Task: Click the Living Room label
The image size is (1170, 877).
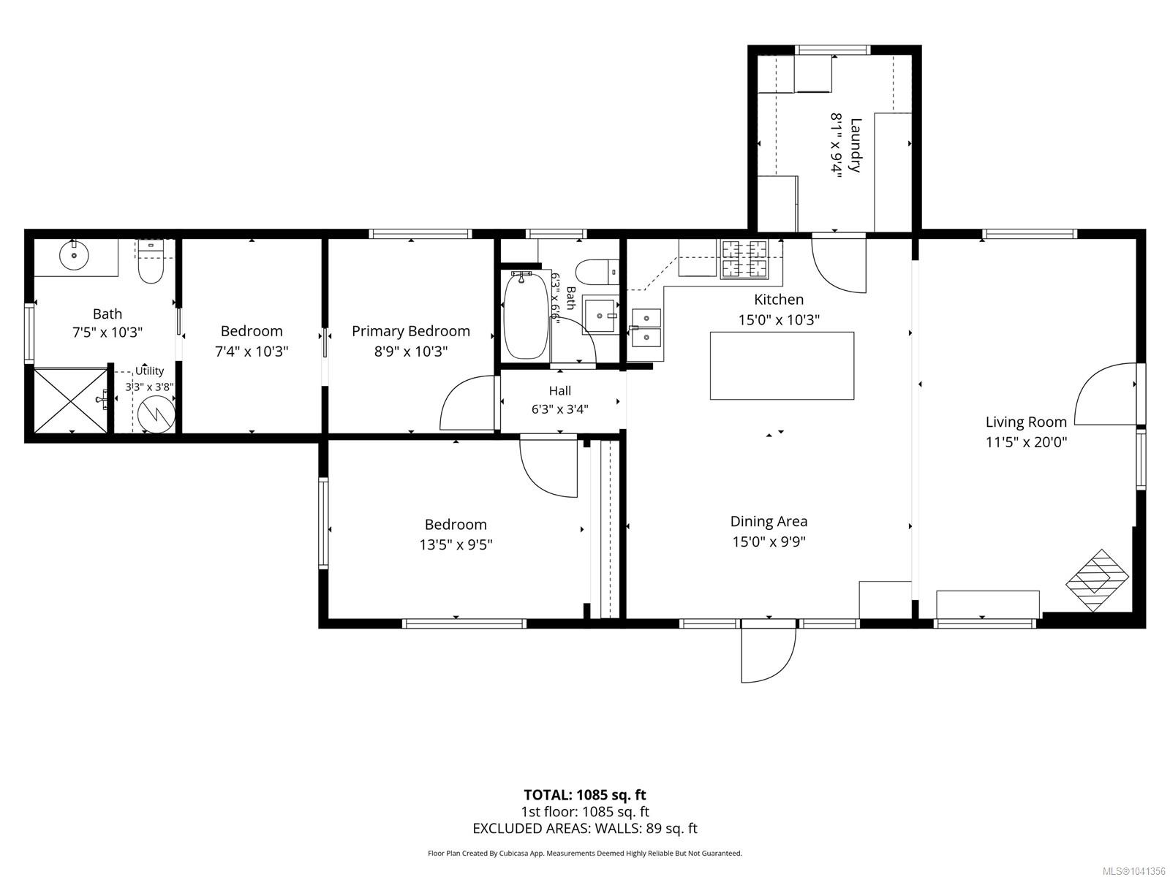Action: click(1025, 422)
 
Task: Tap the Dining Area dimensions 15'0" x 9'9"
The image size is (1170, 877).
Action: click(769, 542)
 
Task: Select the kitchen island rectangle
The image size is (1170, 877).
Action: click(782, 365)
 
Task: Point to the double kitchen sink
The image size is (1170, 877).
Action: click(646, 327)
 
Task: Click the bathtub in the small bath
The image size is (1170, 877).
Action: click(526, 315)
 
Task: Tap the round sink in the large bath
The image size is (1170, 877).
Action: click(74, 256)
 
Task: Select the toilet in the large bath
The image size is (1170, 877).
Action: click(151, 262)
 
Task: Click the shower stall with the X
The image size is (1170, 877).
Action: click(71, 400)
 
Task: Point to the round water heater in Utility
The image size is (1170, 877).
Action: click(156, 416)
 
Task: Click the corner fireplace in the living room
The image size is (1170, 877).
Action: click(1097, 581)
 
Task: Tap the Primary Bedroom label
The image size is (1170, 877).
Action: click(410, 331)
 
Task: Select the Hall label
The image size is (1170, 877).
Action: click(559, 391)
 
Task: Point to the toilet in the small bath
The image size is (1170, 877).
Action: click(598, 272)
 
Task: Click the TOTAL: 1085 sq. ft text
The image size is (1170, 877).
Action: click(585, 795)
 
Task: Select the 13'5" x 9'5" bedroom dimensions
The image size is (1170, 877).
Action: click(456, 544)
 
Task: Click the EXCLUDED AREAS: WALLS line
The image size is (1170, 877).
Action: click(585, 829)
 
